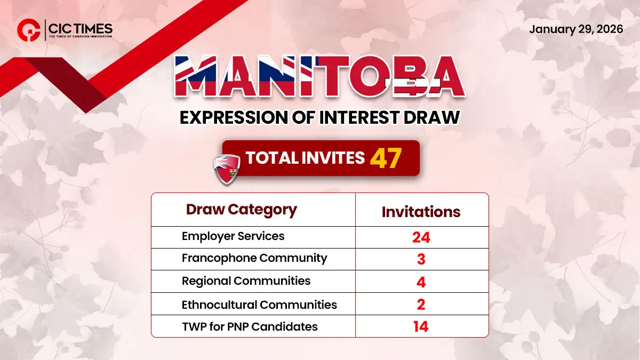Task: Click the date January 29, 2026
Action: pos(575,29)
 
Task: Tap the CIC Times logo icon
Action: pos(27,30)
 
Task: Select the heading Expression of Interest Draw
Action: pos(319,117)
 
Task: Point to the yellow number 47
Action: pos(386,158)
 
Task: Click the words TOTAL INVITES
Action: pos(305,158)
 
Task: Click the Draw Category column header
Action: pos(241,209)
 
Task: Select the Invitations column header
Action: pos(421,212)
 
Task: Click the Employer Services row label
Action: pos(233,236)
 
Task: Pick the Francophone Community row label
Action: pos(254,258)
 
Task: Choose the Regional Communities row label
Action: pos(246,281)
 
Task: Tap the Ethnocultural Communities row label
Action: pos(259,305)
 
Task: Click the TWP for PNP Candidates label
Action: pos(250,326)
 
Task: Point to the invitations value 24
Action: pos(421,237)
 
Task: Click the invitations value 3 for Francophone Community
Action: pos(421,259)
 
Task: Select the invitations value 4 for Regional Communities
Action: pos(421,282)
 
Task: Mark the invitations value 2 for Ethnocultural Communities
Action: pos(421,304)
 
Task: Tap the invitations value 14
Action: pos(421,326)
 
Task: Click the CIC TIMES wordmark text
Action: pos(80,28)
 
